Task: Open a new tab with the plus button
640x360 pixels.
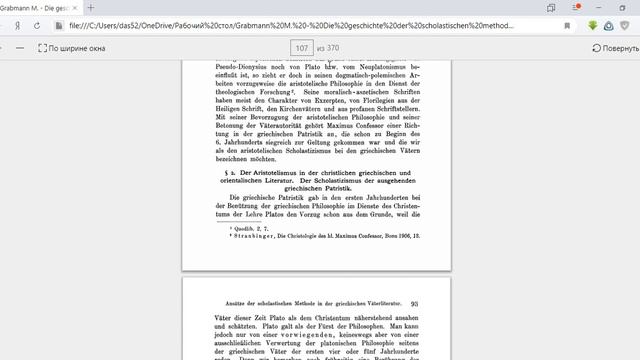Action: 90,7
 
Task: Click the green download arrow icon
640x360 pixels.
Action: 593,26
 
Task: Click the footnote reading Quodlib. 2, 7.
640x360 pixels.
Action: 250,228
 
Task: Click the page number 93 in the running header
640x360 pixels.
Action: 414,302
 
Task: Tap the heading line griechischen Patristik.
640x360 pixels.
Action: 315,187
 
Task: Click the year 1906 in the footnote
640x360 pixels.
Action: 403,235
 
